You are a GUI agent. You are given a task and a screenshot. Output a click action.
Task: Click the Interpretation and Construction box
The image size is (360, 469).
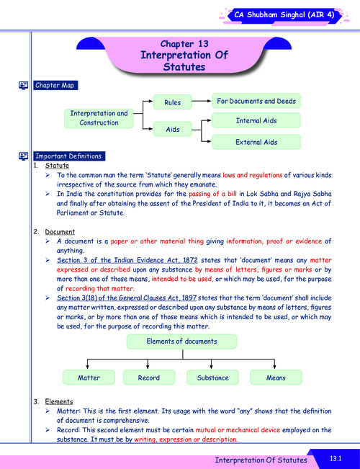pos(99,118)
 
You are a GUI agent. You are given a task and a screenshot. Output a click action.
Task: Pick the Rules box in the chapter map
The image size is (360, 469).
pos(172,103)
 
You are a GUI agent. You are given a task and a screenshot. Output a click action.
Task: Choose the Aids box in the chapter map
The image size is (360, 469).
pos(172,129)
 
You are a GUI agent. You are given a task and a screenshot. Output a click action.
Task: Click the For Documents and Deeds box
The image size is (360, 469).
pos(256,101)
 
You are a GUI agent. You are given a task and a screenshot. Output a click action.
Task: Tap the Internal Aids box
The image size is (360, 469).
pos(256,121)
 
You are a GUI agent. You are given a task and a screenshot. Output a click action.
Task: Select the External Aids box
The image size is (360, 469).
pos(256,142)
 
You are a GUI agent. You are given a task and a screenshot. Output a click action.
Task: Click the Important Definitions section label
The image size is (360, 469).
pos(69,156)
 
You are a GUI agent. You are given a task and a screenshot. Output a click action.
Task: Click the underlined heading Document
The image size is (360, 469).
pos(60,231)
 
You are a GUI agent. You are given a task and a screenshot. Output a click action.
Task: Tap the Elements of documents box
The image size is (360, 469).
pos(180,340)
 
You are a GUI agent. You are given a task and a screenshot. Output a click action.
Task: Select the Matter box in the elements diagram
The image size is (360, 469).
pos(89,377)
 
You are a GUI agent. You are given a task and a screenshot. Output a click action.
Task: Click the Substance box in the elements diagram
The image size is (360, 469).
pos(212,377)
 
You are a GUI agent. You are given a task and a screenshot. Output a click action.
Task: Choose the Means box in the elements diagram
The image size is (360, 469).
pos(275,377)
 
